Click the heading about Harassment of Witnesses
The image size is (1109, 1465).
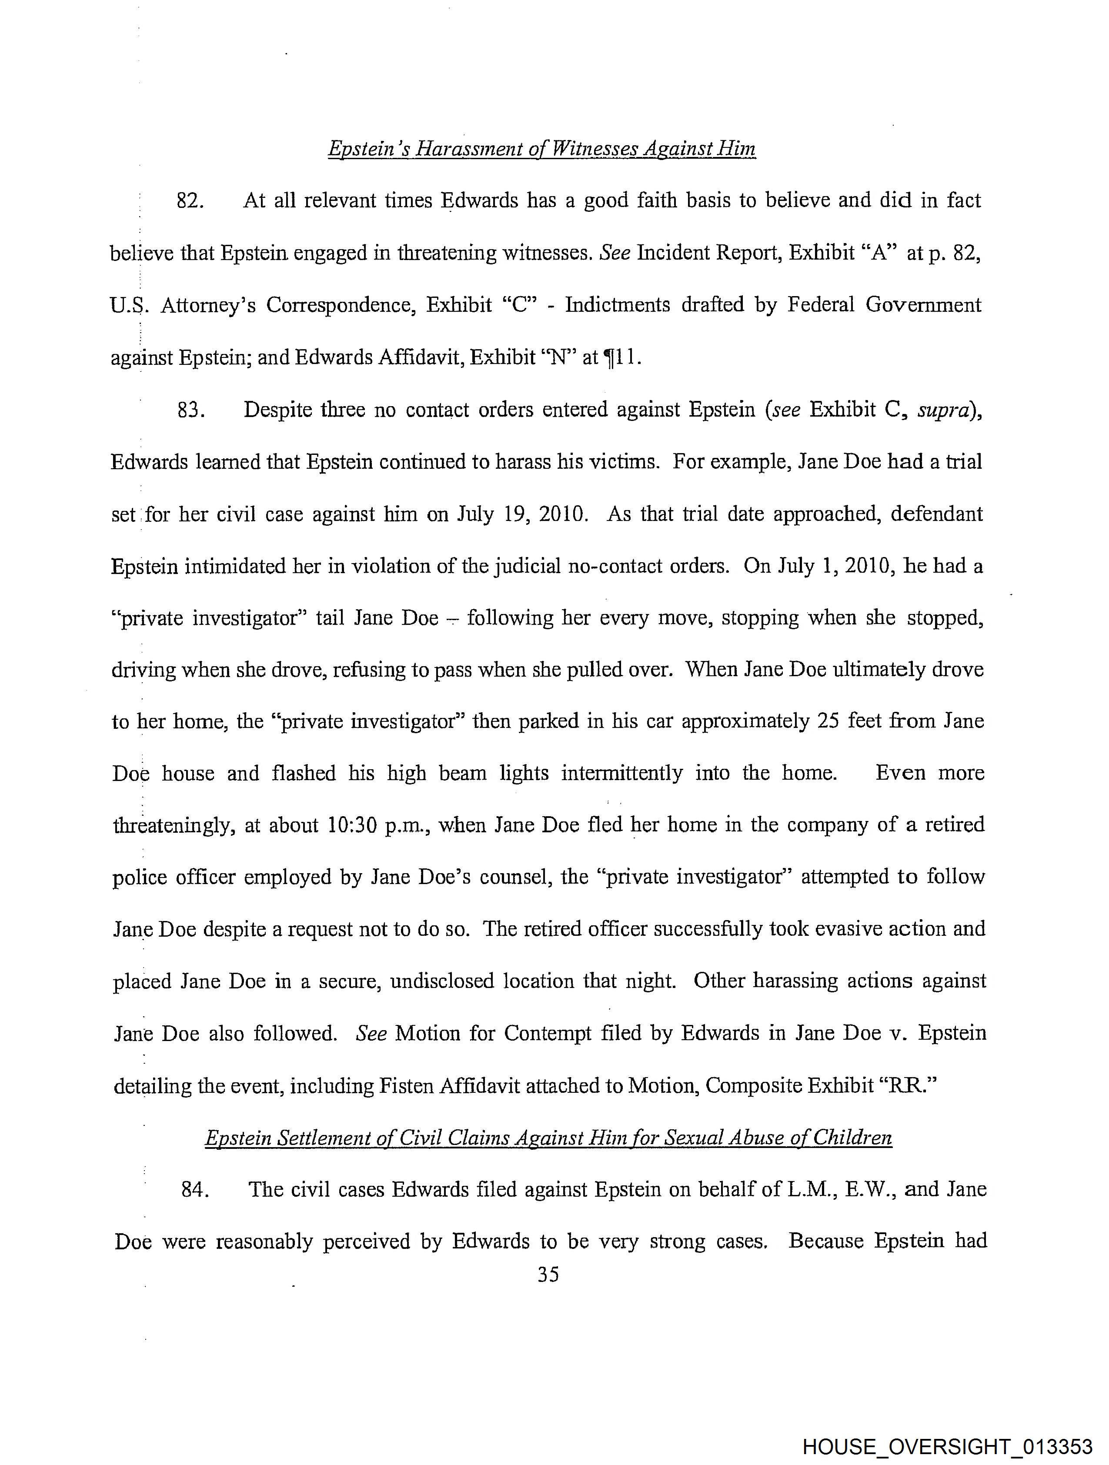pos(541,148)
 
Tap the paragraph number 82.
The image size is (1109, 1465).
pos(190,200)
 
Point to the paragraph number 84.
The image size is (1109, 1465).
pos(195,1189)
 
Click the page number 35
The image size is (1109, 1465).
pos(548,1274)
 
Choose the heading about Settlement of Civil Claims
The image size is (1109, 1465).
pos(548,1138)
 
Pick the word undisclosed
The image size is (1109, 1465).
pos(442,981)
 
